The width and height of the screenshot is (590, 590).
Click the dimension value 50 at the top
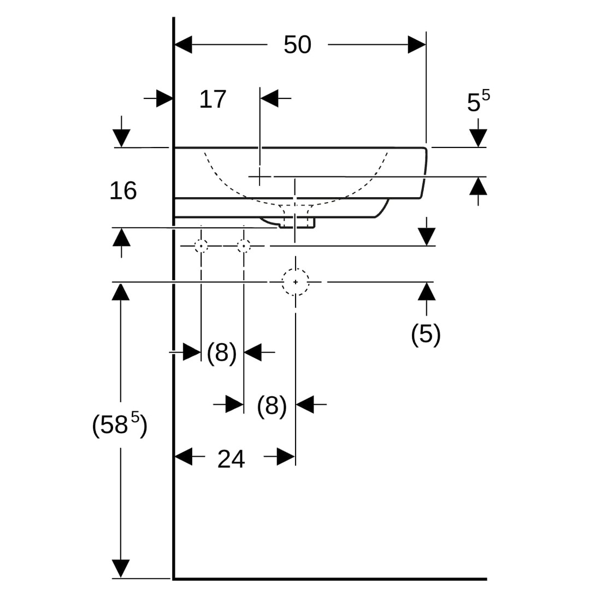pyautogui.click(x=297, y=45)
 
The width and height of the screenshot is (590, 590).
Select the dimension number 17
pyautogui.click(x=213, y=99)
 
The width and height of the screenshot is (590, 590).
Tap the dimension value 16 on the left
pyautogui.click(x=123, y=191)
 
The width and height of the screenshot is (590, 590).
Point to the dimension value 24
pyautogui.click(x=231, y=459)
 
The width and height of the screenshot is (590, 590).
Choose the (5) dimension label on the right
pyautogui.click(x=426, y=334)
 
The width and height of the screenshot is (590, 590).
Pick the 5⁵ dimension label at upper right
pyautogui.click(x=478, y=101)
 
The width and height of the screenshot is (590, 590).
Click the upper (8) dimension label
pyautogui.click(x=222, y=352)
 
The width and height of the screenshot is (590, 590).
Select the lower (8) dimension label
pyautogui.click(x=272, y=406)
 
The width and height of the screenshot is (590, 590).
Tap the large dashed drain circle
pyautogui.click(x=296, y=282)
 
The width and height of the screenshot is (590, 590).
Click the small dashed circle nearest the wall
pyautogui.click(x=201, y=246)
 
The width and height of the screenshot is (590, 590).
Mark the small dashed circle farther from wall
pyautogui.click(x=244, y=246)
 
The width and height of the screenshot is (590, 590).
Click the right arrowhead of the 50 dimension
pyautogui.click(x=417, y=45)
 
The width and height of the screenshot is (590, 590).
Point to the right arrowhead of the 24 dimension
pyautogui.click(x=286, y=456)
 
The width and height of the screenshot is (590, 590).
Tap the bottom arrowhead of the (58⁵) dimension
pyautogui.click(x=121, y=568)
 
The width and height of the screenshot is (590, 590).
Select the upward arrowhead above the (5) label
pyautogui.click(x=427, y=291)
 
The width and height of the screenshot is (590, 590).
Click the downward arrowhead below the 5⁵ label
pyautogui.click(x=478, y=138)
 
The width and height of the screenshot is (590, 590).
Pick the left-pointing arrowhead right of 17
pyautogui.click(x=269, y=99)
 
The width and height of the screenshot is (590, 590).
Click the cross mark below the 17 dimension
pyautogui.click(x=260, y=176)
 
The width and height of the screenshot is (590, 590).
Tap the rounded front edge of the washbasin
pyautogui.click(x=424, y=172)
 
